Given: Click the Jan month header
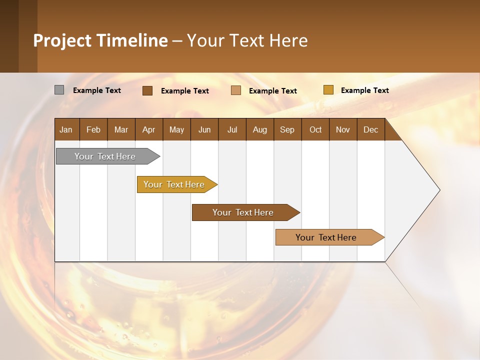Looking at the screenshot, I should pos(66,129).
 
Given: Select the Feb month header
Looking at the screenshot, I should pos(93,129).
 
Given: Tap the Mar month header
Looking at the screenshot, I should pos(121,129).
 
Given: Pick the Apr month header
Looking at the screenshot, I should pos(149,129).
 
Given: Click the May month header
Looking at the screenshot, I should pos(176,129).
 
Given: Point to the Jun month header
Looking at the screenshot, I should pos(204,129).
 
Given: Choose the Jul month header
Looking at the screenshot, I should pos(232,129).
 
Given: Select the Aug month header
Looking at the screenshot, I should pos(260,129).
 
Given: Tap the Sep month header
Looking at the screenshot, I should pos(287,129).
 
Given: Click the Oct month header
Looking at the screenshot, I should pos(315,129).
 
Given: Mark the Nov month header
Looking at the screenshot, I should pos(343,129).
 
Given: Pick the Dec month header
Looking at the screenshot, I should pos(371,129).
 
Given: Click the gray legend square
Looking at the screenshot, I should pos(59,90).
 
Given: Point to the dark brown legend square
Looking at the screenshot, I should pos(147,90).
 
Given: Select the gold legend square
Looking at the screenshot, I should pos(328,90).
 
